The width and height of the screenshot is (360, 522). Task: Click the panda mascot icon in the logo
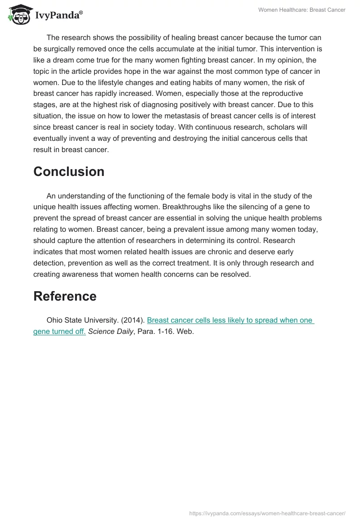pos(17,14)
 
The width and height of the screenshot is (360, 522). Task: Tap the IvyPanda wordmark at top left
pos(58,15)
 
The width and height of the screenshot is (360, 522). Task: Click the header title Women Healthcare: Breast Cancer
pos(301,10)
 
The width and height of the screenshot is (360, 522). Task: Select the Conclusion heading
pos(69,171)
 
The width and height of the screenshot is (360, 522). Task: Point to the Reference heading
pos(65,296)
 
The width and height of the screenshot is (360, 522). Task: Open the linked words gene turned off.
pos(59,332)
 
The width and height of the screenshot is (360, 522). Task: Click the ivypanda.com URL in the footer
pos(267,513)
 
